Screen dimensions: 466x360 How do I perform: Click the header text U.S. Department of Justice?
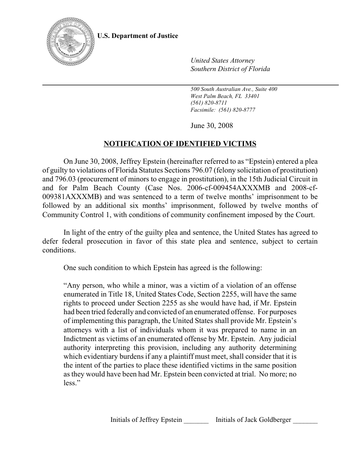138,36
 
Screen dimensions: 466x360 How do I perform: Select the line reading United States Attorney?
222,60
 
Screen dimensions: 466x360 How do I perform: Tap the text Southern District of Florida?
230,69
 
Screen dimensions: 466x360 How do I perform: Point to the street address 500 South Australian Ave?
233,89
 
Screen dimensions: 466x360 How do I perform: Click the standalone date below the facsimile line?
211,126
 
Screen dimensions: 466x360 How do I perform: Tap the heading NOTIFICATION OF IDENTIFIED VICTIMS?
180,144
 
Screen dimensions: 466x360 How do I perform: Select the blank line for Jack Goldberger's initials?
305,420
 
